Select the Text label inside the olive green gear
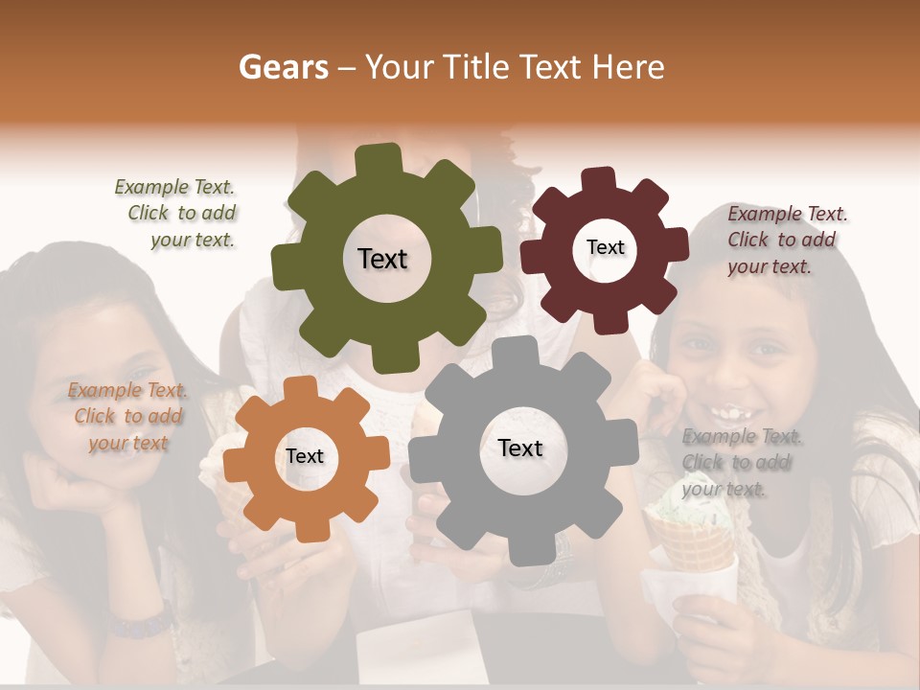pos(382,259)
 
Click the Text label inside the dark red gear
pos(605,247)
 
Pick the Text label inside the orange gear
pos(305,456)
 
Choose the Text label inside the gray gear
pos(520,448)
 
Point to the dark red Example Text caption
pos(786,240)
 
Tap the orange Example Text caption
pos(127,416)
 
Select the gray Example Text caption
pos(741,463)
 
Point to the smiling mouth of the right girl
pos(730,415)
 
